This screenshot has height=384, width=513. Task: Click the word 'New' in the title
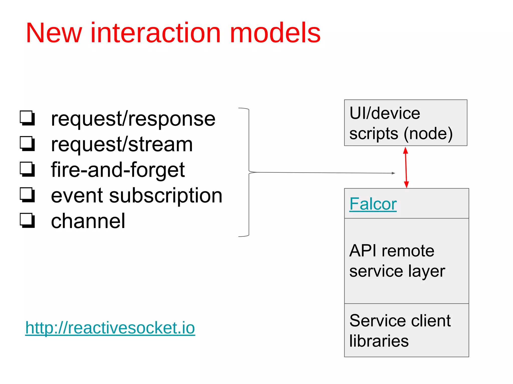54,33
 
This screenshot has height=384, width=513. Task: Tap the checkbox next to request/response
27,118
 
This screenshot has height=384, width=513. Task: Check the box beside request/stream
27,143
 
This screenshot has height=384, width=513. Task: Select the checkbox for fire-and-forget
27,169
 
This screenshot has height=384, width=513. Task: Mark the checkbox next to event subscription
27,195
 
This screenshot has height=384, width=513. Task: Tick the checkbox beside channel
27,220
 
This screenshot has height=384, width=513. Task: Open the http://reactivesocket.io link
110,328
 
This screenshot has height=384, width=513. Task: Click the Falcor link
373,204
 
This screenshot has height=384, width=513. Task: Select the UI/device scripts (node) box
406,123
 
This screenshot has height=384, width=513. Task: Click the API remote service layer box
406,261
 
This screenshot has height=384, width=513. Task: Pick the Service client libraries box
406,330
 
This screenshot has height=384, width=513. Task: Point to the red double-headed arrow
406,167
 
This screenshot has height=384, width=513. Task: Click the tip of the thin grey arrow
394,173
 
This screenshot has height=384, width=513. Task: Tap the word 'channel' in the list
88,221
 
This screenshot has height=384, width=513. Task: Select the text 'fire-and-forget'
118,170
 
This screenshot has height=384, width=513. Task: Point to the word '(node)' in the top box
428,134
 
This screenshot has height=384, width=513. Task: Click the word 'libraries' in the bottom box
379,341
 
